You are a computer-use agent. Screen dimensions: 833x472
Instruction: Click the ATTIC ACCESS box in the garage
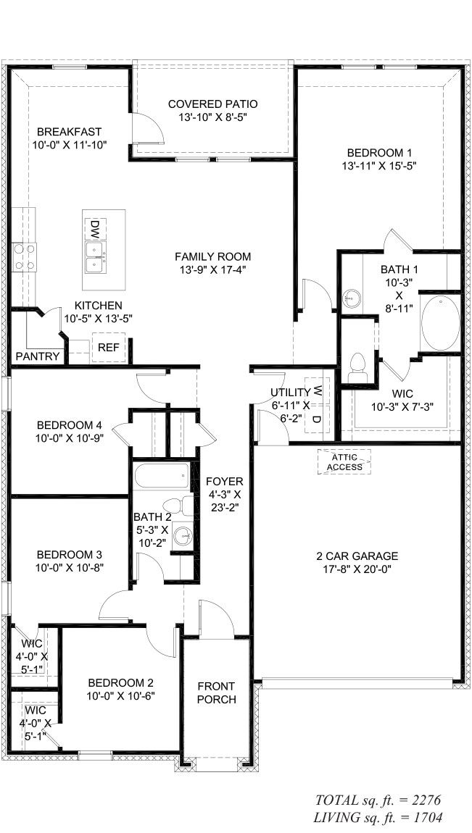coord(344,462)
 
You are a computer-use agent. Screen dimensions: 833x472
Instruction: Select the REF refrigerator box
coord(108,348)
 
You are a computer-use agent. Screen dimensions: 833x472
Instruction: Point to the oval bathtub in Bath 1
coord(439,322)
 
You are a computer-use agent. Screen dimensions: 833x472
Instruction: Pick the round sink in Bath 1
coord(352,298)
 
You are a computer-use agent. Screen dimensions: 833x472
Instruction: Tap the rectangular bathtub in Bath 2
coord(162,477)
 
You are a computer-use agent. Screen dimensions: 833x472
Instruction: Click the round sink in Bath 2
coord(183,537)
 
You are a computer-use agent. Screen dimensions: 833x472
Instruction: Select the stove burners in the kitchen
coord(23,256)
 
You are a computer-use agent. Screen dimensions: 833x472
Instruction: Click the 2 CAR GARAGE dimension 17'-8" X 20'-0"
coord(357,569)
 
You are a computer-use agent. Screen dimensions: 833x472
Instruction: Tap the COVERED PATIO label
coord(212,104)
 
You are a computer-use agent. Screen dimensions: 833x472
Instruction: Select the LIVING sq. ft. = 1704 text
coord(376,817)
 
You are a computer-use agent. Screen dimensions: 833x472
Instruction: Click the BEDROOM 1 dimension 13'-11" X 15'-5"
coord(379,165)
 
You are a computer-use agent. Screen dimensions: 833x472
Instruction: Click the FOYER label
coord(224,482)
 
